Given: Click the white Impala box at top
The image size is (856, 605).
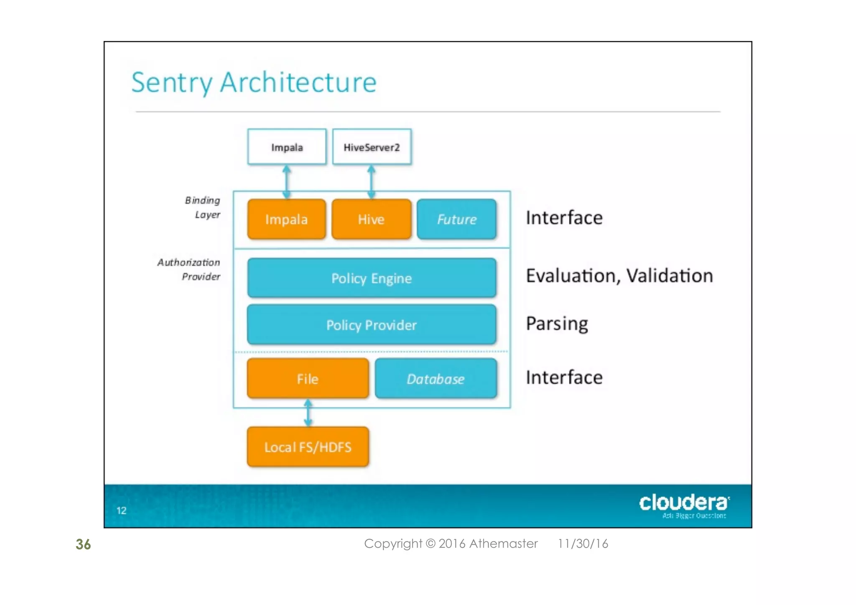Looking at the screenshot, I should point(287,147).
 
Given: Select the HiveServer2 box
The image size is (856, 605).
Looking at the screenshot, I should point(372,147).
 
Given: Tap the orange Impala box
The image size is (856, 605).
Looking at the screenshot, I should point(287,219).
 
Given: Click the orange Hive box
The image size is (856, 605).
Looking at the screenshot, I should point(371,219).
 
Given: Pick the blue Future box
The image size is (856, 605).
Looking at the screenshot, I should point(456,219).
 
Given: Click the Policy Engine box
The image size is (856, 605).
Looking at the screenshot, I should point(372,278).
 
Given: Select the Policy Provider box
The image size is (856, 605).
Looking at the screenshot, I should point(372,325).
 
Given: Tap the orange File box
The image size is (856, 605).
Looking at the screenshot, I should point(308,378).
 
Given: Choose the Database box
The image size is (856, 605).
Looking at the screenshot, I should point(436,378).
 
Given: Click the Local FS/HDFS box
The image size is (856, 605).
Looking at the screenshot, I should point(308,447).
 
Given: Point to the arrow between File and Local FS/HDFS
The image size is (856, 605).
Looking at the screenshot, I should point(308,413).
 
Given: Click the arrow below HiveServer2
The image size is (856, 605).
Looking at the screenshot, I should point(371,182).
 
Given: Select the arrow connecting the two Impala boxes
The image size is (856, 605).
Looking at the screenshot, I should point(286,182).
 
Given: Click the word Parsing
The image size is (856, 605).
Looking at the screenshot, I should point(557,324).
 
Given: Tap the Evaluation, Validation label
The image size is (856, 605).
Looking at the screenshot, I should point(619,276).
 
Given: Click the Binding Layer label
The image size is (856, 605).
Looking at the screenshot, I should point(203,207).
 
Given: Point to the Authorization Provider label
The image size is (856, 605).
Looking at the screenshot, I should point(189,269).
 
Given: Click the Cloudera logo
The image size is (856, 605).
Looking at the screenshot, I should point(684,505).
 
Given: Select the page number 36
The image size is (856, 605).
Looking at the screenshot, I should point(83,544).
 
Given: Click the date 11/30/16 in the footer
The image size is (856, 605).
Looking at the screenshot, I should point(583,544).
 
